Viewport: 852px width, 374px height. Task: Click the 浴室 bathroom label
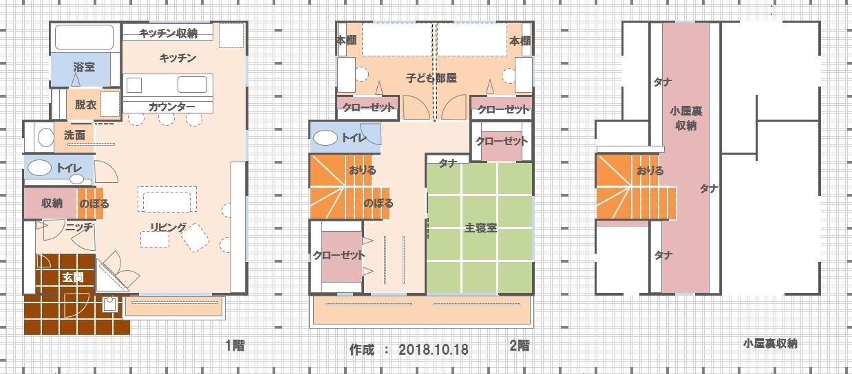[x=84, y=67]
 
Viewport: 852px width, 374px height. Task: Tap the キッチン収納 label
[x=168, y=34]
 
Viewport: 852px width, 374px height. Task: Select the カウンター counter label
[x=171, y=107]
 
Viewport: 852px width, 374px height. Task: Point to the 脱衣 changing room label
[x=85, y=104]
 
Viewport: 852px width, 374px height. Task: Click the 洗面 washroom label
[x=74, y=135]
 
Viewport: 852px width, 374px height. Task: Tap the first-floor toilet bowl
[x=39, y=168]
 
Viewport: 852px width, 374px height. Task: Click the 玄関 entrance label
[x=73, y=278]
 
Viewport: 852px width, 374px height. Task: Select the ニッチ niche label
[x=79, y=228]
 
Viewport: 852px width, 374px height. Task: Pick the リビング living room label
[x=169, y=228]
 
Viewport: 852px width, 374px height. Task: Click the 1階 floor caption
[x=235, y=346]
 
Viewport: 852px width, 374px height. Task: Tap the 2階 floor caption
[x=520, y=346]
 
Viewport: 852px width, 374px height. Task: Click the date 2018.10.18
[x=434, y=350]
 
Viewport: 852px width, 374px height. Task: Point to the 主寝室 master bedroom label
[x=481, y=228]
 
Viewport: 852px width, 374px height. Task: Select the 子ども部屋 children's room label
[x=432, y=78]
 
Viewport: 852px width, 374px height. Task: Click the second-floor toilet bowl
[x=326, y=138]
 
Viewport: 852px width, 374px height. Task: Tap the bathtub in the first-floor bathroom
[x=85, y=37]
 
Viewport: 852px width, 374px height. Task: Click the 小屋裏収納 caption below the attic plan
[x=770, y=344]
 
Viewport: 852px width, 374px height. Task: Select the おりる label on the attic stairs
[x=650, y=170]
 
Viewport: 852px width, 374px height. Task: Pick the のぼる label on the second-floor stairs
[x=379, y=203]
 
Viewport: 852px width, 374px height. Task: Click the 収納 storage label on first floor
[x=52, y=203]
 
